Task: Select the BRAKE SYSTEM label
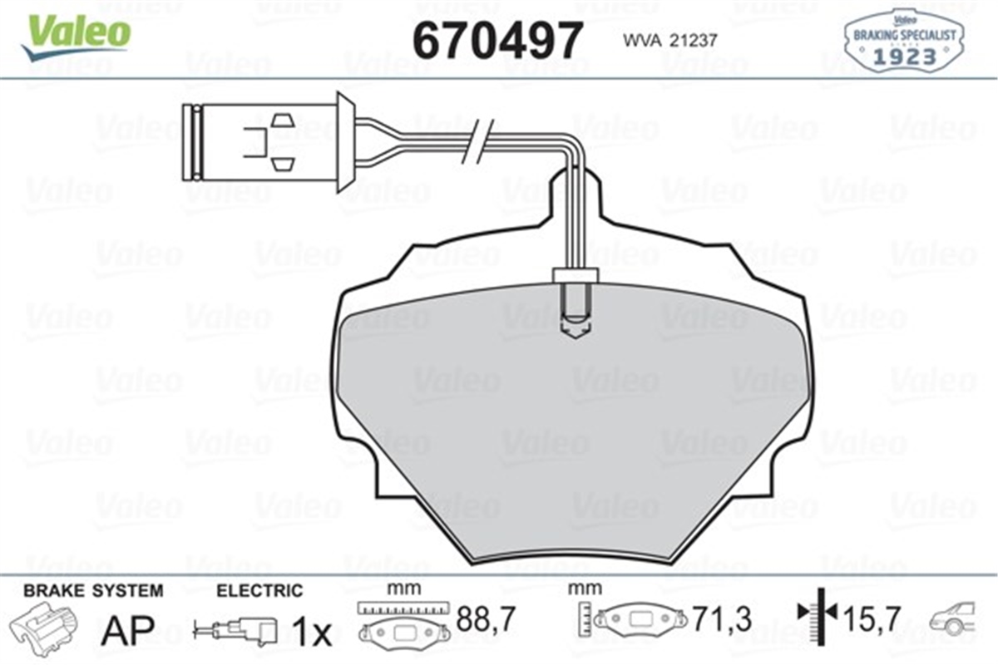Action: pos(93,591)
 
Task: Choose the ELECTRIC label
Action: pos(259,591)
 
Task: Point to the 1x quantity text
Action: pos(312,633)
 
